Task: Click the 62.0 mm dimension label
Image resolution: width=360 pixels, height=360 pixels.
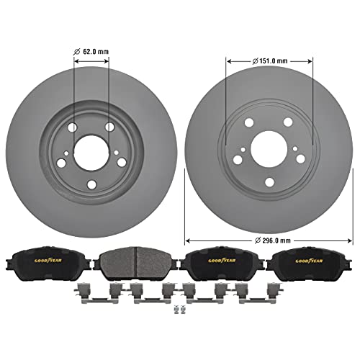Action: [x=96, y=52]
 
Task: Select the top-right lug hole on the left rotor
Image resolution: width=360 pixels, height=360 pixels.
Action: [x=109, y=127]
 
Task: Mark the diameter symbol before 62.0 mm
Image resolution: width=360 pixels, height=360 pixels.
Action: [x=78, y=52]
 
